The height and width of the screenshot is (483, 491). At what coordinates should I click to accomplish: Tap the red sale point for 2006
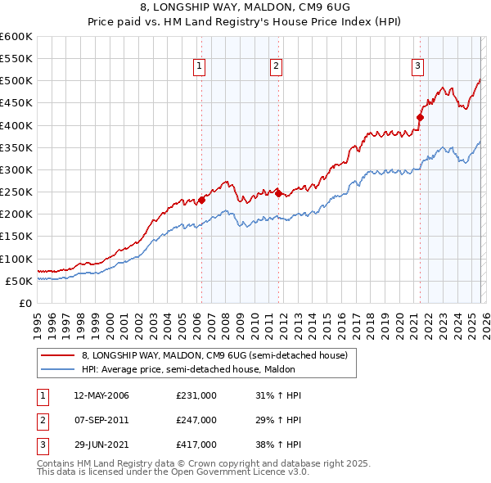201,200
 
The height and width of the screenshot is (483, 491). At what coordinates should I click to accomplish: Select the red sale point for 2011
278,193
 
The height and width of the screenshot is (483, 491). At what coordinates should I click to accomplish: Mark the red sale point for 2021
420,117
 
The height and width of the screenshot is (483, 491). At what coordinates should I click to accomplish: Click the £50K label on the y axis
19,281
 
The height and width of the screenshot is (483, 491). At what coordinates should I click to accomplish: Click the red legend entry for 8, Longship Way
214,355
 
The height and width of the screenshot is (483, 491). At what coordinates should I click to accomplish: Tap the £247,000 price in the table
196,420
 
